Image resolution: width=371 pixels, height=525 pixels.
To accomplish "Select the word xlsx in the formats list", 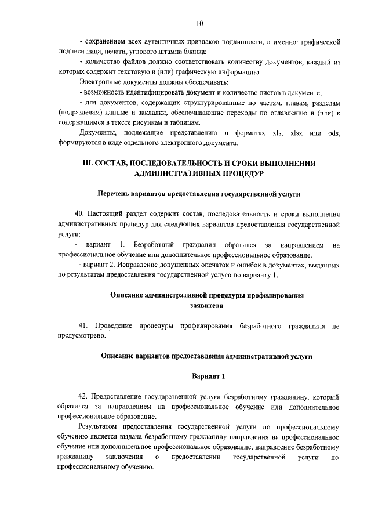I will tap(299, 133).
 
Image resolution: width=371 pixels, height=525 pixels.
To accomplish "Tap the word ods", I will tap(333, 133).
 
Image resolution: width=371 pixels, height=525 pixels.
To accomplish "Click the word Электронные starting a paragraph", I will tap(100, 82).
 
